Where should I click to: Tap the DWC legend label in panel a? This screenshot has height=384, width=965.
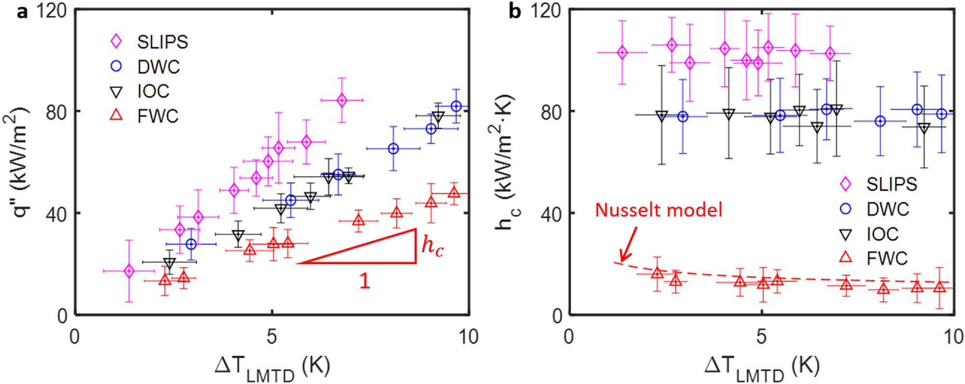[x=158, y=67]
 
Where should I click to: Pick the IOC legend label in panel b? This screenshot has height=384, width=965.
[x=882, y=234]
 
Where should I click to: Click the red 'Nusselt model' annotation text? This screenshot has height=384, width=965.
[x=658, y=210]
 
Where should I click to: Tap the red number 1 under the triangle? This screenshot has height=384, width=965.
[x=365, y=281]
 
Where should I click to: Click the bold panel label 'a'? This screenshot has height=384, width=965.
[x=22, y=11]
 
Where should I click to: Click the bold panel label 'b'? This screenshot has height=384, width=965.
[x=515, y=11]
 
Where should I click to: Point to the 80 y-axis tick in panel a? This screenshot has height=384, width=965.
[x=56, y=112]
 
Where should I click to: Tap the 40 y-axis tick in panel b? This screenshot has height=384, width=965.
[x=551, y=214]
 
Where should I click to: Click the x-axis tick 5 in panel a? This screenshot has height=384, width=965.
[x=272, y=337]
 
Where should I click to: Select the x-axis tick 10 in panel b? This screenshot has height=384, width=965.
[x=953, y=337]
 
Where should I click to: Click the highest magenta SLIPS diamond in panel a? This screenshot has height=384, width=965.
[x=341, y=100]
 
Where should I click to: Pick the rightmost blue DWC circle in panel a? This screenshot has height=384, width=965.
[x=456, y=106]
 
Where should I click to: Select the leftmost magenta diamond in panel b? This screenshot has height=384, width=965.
[x=622, y=53]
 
